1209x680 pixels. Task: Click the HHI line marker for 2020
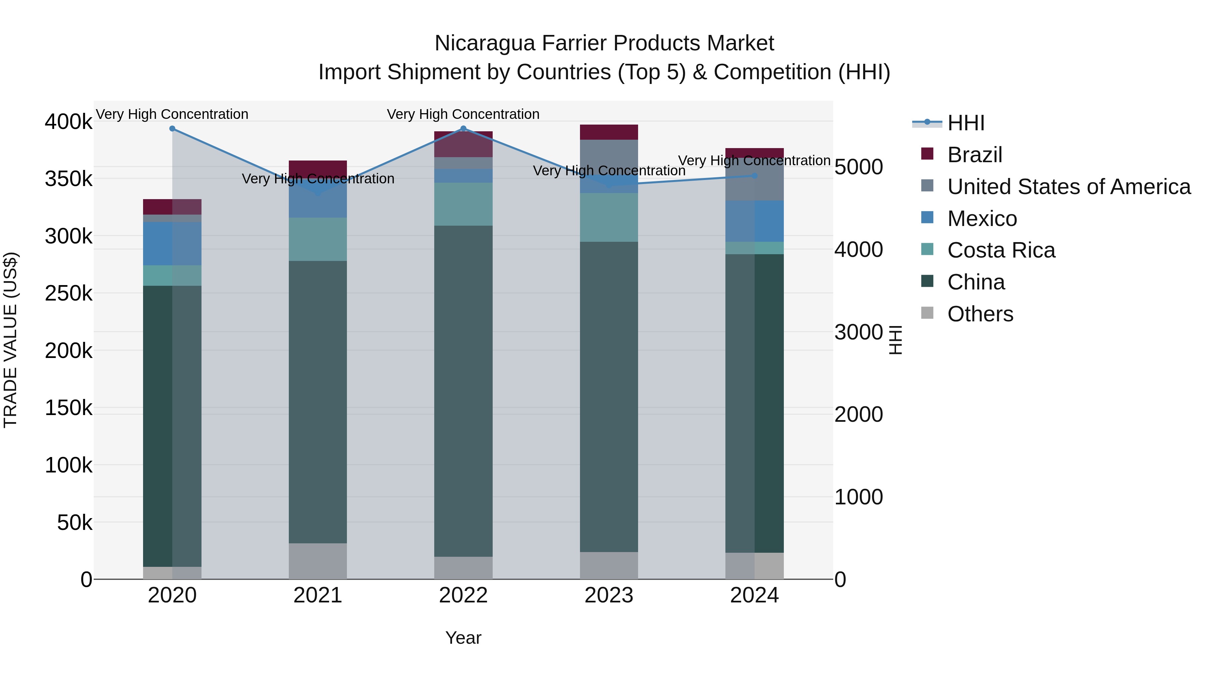click(172, 129)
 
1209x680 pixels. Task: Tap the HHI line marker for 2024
click(755, 176)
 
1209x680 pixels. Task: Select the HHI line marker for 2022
click(463, 129)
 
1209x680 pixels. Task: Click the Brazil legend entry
click(974, 155)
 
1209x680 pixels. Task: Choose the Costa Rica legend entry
click(1001, 251)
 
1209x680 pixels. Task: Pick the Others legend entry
click(980, 314)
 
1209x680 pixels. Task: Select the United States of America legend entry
click(1068, 187)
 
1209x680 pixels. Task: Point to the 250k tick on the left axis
click(69, 294)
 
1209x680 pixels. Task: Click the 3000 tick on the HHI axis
click(858, 332)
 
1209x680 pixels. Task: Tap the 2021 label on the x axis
click(318, 595)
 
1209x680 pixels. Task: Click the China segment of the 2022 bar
click(463, 391)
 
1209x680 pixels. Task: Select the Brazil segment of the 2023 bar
click(609, 132)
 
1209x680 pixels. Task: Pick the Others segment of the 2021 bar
click(318, 561)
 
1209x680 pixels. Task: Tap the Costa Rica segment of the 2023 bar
click(609, 217)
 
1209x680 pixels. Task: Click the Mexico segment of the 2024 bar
click(755, 221)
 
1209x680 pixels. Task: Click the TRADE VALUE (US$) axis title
click(11, 340)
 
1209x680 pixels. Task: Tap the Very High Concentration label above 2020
click(172, 114)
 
